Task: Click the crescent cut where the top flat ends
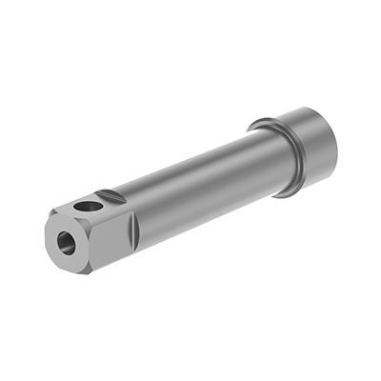(x=113, y=194)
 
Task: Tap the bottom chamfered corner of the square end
(x=87, y=270)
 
